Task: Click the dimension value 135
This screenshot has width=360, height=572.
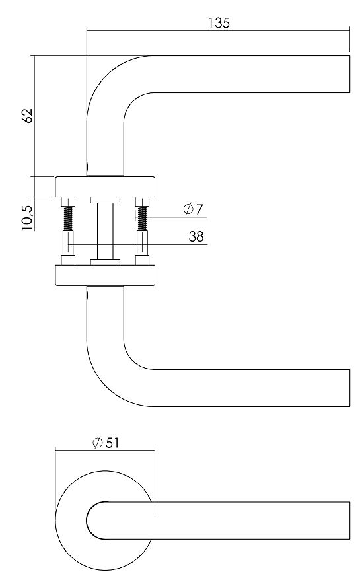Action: [219, 22]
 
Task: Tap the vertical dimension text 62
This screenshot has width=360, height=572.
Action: [27, 116]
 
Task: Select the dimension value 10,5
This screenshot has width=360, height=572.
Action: [27, 217]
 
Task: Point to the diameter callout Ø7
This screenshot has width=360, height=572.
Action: [192, 209]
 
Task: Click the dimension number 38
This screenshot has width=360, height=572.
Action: [196, 236]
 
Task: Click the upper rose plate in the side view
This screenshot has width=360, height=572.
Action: [105, 186]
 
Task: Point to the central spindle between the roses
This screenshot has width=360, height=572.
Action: [105, 231]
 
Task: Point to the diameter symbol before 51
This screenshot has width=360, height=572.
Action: [97, 443]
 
